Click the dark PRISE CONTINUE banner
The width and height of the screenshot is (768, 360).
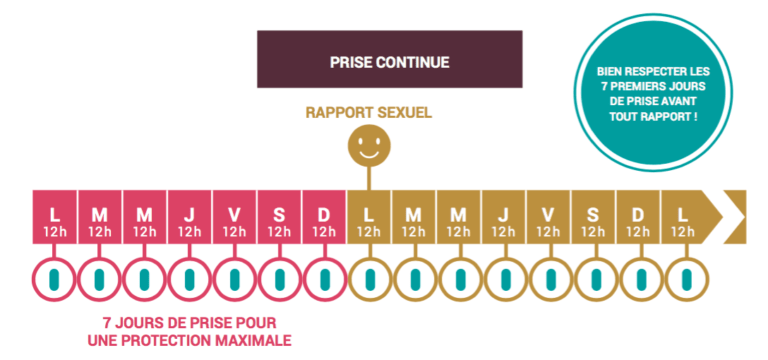(x=389, y=61)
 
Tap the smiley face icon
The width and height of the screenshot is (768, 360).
(x=368, y=149)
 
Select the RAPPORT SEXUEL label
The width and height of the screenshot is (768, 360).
(x=368, y=112)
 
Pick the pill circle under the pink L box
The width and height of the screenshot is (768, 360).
(x=54, y=277)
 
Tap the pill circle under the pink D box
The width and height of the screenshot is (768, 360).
(x=324, y=277)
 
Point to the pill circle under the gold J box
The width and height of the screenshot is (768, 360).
(x=503, y=277)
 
